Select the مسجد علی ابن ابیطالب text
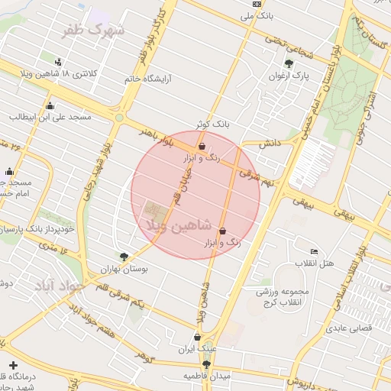50,117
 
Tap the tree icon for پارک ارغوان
288,64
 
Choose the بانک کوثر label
212,123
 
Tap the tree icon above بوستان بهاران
124,257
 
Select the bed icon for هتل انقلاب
315,252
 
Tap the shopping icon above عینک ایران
198,336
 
